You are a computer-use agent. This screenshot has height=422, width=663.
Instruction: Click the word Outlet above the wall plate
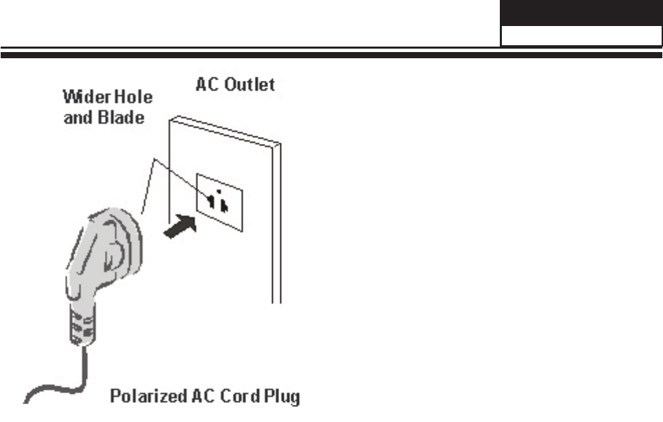click(251, 85)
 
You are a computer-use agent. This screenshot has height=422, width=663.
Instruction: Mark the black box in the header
click(581, 12)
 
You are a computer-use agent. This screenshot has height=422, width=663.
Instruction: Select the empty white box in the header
click(581, 36)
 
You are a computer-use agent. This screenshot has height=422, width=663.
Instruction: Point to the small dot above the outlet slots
click(217, 191)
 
